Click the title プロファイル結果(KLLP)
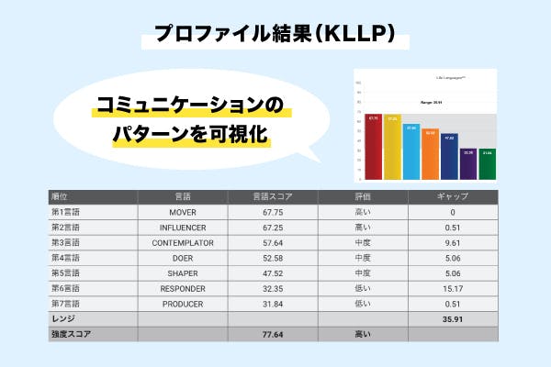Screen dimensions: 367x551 click(x=275, y=35)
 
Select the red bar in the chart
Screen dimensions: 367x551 click(x=374, y=147)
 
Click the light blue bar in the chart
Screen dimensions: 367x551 click(x=411, y=152)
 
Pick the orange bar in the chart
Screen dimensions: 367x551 click(x=431, y=155)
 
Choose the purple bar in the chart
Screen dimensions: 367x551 click(x=468, y=165)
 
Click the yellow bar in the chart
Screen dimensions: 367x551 click(x=393, y=148)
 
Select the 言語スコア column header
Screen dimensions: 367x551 click(x=272, y=196)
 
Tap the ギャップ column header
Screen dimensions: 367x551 click(x=452, y=196)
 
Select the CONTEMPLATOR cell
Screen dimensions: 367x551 click(x=183, y=242)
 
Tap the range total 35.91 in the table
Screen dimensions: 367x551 click(x=452, y=319)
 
